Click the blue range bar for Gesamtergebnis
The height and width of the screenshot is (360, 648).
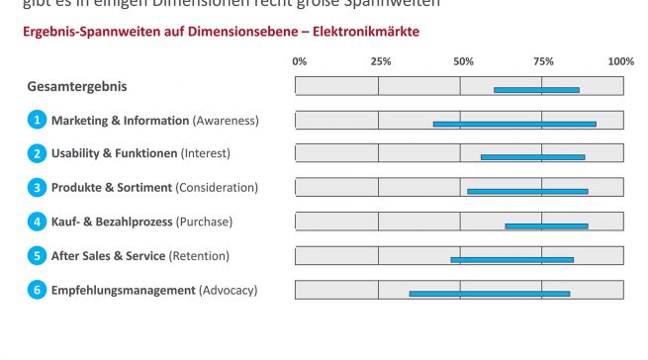pos(536,90)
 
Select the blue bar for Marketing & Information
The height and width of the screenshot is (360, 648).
pos(514,124)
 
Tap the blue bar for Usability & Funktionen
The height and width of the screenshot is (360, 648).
pos(532,157)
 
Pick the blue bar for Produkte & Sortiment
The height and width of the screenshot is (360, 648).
pos(527,191)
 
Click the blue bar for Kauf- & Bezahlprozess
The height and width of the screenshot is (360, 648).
pos(546,225)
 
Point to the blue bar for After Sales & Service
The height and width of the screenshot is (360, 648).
pos(511,259)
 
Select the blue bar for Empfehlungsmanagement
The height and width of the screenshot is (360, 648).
pos(490,293)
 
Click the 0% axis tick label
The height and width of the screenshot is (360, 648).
pos(300,61)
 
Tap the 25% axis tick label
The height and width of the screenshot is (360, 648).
pos(380,61)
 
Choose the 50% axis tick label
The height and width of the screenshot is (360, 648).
pos(462,61)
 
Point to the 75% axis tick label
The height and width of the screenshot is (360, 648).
pos(542,61)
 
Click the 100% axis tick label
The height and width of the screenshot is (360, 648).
pos(620,61)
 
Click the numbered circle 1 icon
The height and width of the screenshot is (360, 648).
pos(37,121)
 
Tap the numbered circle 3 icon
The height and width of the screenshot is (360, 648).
pos(37,188)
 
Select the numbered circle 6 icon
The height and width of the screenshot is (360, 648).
pos(37,290)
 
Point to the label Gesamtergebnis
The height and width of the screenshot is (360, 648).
pos(77,87)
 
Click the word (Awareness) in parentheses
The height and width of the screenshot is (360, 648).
pos(226,121)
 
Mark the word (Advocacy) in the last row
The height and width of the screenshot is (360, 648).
pos(228,290)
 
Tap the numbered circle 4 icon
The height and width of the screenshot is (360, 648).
pos(37,222)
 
